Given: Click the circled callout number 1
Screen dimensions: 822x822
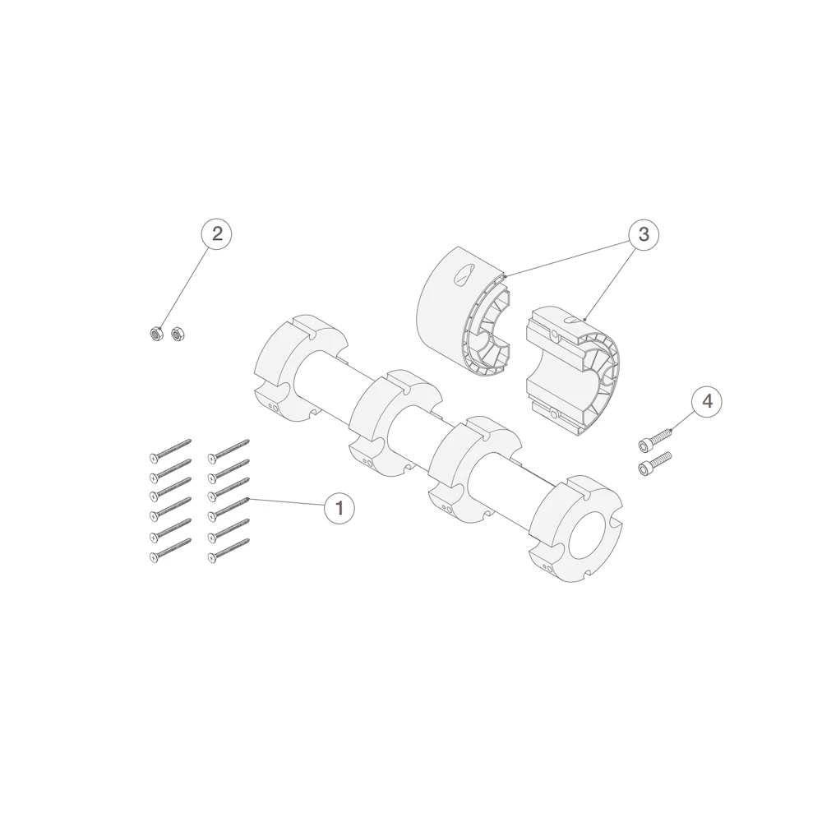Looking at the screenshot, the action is [x=339, y=508].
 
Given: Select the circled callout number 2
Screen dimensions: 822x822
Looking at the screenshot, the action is [x=217, y=233].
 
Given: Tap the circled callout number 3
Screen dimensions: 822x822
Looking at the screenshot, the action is [x=644, y=233].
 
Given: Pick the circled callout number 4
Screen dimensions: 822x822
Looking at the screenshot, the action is [x=707, y=402].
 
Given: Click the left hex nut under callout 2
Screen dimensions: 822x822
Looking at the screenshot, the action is [x=155, y=333].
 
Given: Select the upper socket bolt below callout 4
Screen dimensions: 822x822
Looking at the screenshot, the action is [x=655, y=439].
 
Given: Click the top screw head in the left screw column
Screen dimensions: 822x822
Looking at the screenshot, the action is [x=154, y=459].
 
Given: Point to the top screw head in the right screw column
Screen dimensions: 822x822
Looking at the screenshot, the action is [x=212, y=459].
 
